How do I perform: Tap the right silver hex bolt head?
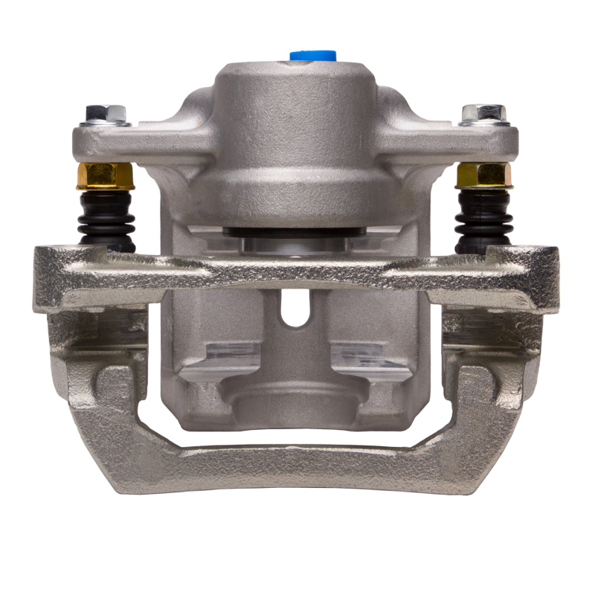pyautogui.click(x=484, y=114)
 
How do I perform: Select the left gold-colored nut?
pyautogui.click(x=105, y=176)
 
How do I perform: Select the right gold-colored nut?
pyautogui.click(x=484, y=175)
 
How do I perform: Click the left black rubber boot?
pyautogui.click(x=107, y=219)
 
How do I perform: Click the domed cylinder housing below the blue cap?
pyautogui.click(x=296, y=141)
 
